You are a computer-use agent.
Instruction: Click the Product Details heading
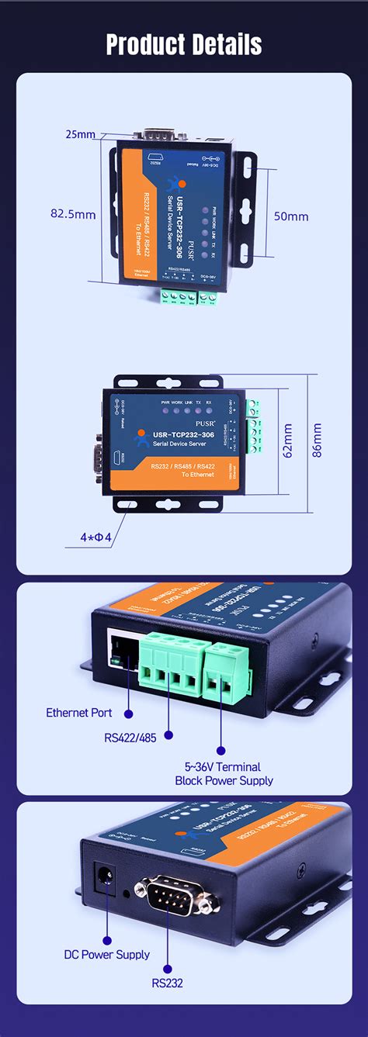tap(184, 44)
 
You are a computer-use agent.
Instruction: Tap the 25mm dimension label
tap(80, 134)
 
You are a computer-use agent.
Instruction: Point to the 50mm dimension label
tap(291, 216)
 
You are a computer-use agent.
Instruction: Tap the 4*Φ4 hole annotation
tap(97, 536)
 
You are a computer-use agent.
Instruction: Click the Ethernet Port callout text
tap(79, 712)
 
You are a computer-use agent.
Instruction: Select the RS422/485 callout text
tap(130, 738)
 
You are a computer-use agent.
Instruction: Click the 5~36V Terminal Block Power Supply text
tap(224, 773)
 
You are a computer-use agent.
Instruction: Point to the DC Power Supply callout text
tap(107, 954)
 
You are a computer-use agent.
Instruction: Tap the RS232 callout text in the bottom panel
tap(167, 983)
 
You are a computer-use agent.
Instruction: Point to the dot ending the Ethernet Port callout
tap(128, 712)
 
